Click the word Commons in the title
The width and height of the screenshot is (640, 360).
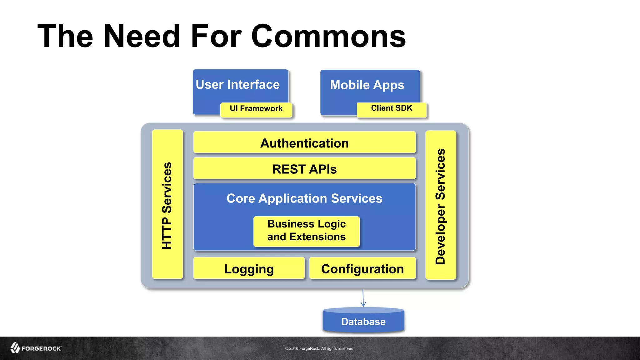[328, 37]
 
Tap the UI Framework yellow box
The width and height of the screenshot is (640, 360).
[256, 109]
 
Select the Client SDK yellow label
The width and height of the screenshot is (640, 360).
[392, 109]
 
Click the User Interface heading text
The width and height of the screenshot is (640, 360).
[237, 85]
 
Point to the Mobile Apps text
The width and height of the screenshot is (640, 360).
[367, 85]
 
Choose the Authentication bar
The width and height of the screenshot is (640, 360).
[304, 143]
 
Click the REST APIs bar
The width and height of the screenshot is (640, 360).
[304, 169]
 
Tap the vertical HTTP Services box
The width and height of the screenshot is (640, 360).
[167, 205]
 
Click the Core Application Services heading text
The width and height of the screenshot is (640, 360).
[304, 198]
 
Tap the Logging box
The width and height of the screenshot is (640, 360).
[249, 269]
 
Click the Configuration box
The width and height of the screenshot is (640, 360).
[362, 269]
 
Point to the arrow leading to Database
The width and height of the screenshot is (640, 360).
[363, 298]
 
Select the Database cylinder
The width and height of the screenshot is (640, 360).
[363, 321]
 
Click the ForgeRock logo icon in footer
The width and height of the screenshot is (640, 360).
[15, 347]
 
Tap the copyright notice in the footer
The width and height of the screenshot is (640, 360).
[319, 348]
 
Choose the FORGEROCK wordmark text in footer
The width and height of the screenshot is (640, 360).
[41, 348]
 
